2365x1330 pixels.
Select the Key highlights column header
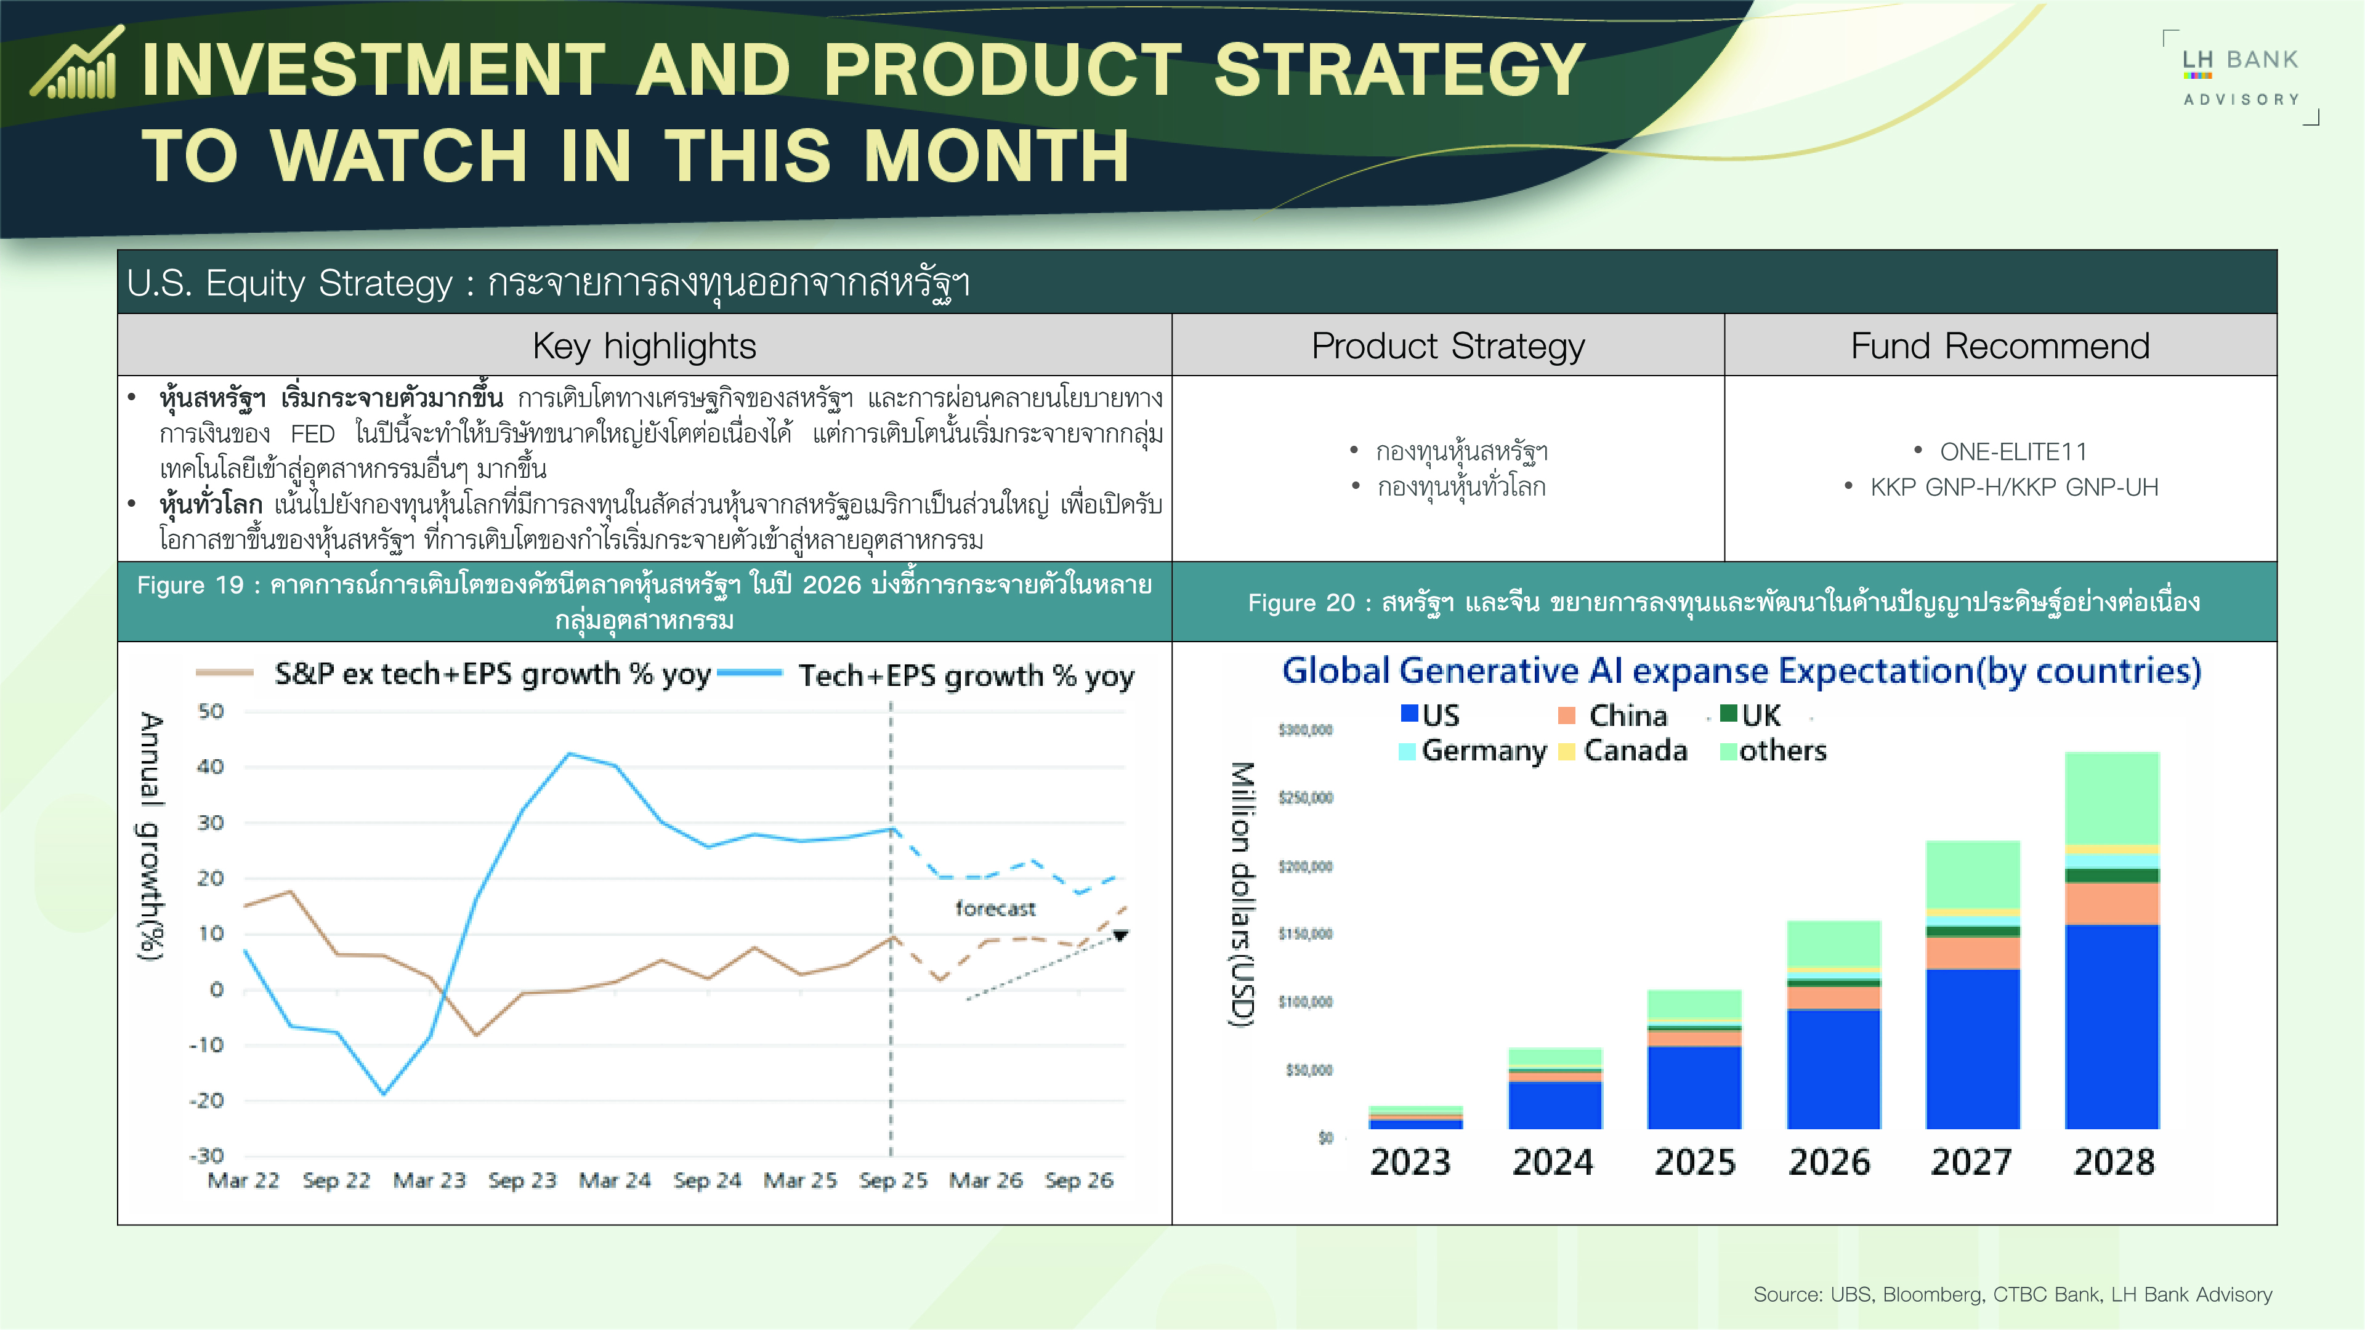(x=644, y=346)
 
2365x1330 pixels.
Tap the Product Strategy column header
(x=1448, y=346)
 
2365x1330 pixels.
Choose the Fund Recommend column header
(x=2000, y=346)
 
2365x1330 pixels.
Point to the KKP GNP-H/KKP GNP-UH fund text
(x=2013, y=488)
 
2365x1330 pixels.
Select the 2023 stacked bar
(x=1415, y=1117)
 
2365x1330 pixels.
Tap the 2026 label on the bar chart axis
(x=1829, y=1162)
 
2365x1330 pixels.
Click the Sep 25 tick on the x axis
(x=892, y=1180)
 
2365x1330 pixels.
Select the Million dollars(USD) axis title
(x=1241, y=895)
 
